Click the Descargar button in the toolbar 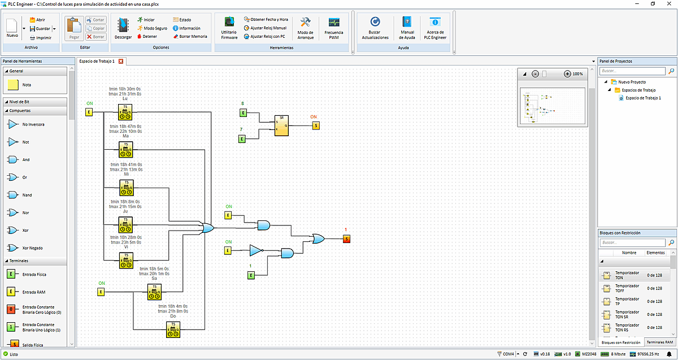point(123,28)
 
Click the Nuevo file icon point(12,28)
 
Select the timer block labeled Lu point(125,111)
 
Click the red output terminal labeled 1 point(346,239)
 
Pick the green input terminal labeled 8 point(243,113)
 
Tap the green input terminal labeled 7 point(242,138)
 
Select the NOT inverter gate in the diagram point(256,250)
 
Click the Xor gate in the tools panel point(13,231)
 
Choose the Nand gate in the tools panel point(13,195)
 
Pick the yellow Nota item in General point(13,85)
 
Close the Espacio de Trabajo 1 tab point(121,61)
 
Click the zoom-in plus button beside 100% point(567,74)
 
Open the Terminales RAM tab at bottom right point(660,342)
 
